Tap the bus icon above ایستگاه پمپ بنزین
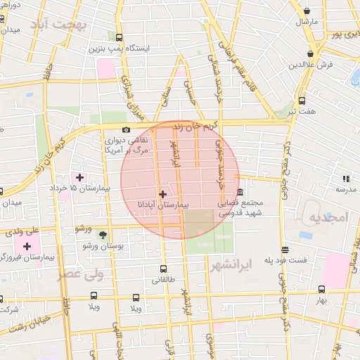point(118,38)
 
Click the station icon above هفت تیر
point(302,101)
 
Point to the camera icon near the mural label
point(126,129)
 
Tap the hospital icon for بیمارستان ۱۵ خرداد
point(79,177)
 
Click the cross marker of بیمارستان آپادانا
point(163,193)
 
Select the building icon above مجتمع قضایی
point(240,192)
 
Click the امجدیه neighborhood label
point(328,217)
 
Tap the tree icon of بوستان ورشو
point(103,235)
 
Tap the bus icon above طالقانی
point(163,269)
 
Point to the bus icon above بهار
point(321,289)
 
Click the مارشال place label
point(307,22)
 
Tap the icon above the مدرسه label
point(345,179)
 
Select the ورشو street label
point(84,229)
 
